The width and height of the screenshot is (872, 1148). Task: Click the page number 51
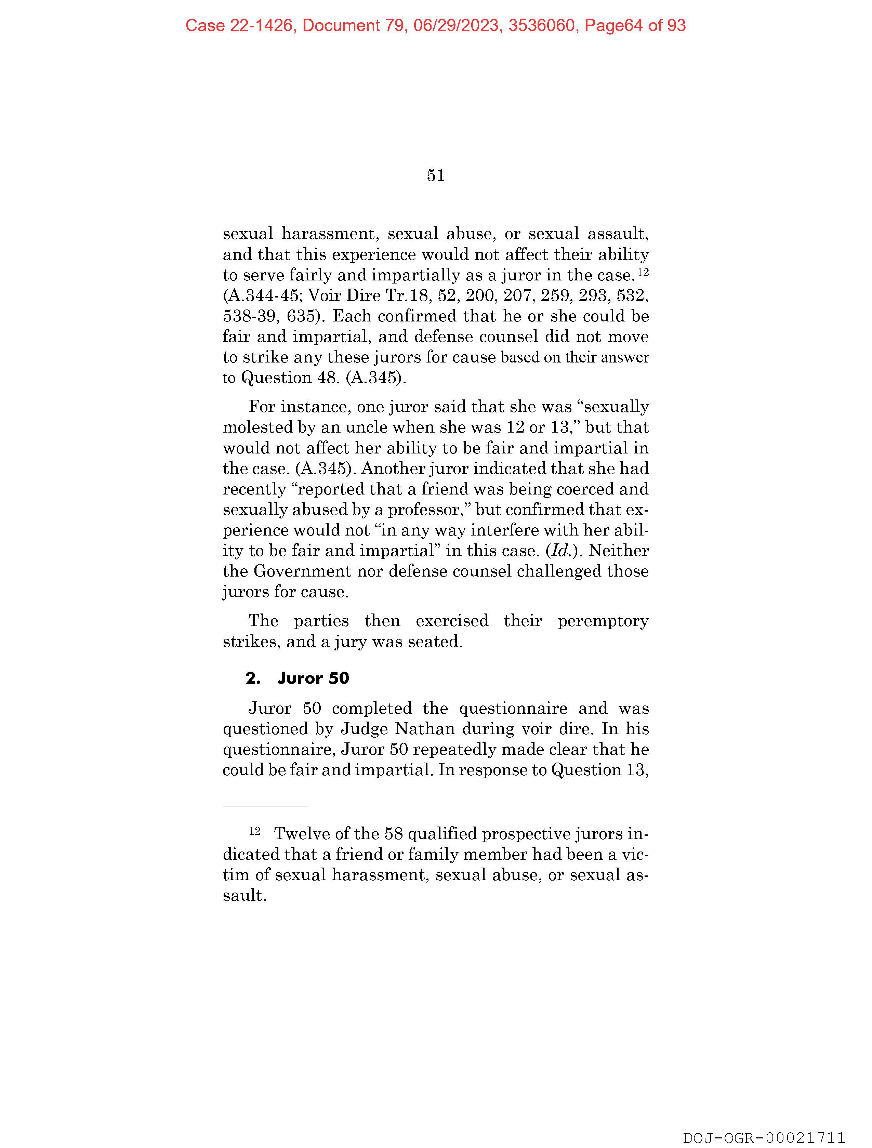pyautogui.click(x=435, y=176)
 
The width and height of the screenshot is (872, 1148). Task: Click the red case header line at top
pyautogui.click(x=435, y=25)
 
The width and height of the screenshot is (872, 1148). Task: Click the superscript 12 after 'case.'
pyautogui.click(x=643, y=272)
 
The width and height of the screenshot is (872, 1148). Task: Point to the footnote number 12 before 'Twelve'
pyautogui.click(x=254, y=831)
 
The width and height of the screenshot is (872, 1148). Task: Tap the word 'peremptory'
pyautogui.click(x=603, y=621)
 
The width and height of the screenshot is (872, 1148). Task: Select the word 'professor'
pyautogui.click(x=425, y=510)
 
